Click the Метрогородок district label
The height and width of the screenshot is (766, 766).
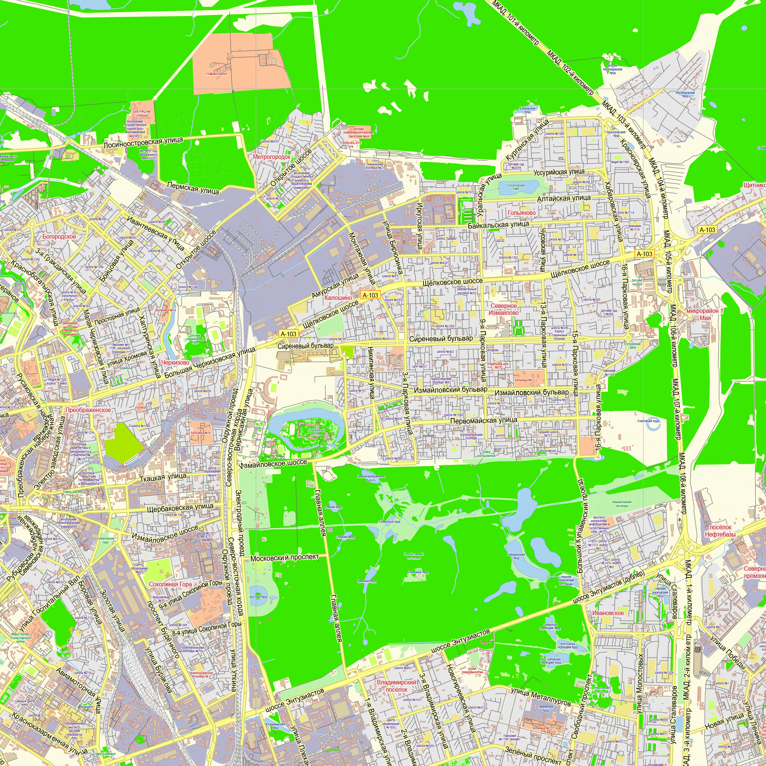coord(272,157)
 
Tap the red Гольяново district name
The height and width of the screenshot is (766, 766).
coord(521,213)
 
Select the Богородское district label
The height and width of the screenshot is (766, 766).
coord(59,236)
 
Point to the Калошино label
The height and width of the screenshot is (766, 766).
coord(338,297)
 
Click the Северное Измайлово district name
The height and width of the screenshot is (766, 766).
coord(504,309)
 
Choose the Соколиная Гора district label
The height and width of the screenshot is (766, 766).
coord(170,584)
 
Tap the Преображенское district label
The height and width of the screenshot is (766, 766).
coord(88,410)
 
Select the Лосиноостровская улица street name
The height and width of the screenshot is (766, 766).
coord(143,142)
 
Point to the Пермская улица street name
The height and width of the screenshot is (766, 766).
coord(193,188)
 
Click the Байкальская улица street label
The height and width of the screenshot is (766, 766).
coord(498,225)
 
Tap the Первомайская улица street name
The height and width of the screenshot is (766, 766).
coord(484,420)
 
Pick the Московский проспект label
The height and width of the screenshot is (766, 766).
coord(284,557)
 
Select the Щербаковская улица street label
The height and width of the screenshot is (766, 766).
coord(180,508)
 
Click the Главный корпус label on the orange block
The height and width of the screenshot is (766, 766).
coord(216,74)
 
